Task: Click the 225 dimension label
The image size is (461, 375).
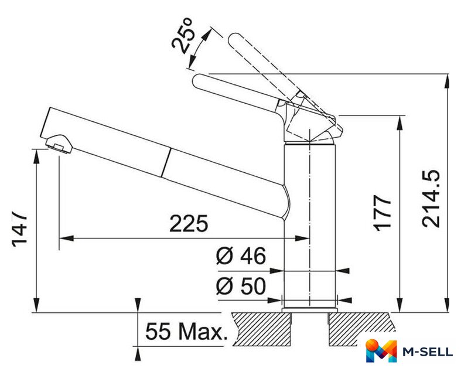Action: pyautogui.click(x=189, y=223)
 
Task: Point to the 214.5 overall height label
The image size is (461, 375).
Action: pyautogui.click(x=431, y=199)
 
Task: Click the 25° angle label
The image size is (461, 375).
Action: pyautogui.click(x=182, y=36)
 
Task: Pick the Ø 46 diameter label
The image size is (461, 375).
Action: pyautogui.click(x=241, y=255)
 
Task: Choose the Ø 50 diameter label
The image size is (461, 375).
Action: pyautogui.click(x=241, y=286)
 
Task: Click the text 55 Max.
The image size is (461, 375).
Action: pyautogui.click(x=186, y=332)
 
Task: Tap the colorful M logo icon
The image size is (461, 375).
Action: pyautogui.click(x=381, y=350)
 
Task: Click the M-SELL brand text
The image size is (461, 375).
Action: pyautogui.click(x=428, y=352)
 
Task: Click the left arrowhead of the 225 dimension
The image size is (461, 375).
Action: pyautogui.click(x=66, y=238)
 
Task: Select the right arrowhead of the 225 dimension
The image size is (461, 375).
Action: pyautogui.click(x=302, y=238)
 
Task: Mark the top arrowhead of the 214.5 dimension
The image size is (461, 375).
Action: pyautogui.click(x=448, y=81)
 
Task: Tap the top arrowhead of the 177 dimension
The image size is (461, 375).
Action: pyautogui.click(x=399, y=122)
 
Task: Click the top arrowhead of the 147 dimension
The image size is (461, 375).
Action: pyautogui.click(x=36, y=156)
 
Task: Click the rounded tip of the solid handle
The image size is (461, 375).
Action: pyautogui.click(x=196, y=81)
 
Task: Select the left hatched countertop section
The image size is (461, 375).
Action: pyautogui.click(x=262, y=329)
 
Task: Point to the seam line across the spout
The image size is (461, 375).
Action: pyautogui.click(x=166, y=162)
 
